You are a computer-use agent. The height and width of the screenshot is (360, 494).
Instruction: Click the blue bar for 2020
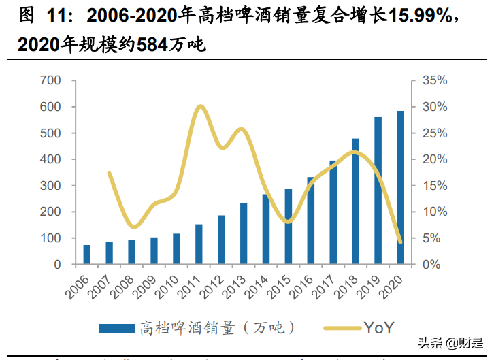coord(400,187)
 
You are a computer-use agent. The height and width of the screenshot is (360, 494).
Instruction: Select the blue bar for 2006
coord(87,254)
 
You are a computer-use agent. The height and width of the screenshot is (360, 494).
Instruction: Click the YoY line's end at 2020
coord(400,242)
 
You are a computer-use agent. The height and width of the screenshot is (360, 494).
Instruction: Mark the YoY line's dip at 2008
coord(135,226)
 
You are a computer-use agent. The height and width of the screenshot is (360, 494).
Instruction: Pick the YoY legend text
coord(378,327)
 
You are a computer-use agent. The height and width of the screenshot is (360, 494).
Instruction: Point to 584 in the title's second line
coord(155,46)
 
